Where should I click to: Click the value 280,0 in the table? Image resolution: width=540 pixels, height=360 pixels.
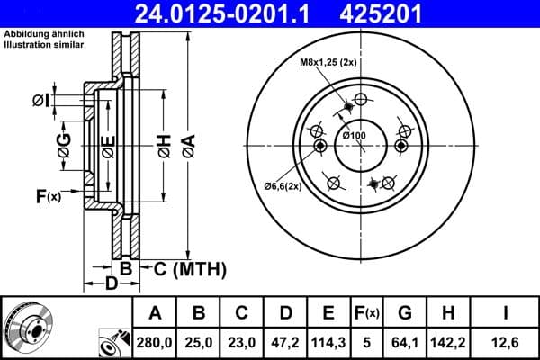tap(155, 342)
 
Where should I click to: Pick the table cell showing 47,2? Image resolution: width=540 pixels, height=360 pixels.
tap(284, 342)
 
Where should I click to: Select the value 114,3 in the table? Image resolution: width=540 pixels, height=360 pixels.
tap(328, 342)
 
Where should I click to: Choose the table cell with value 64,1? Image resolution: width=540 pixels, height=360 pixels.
tap(405, 342)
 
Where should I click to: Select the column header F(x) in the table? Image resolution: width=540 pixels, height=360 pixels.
tap(367, 312)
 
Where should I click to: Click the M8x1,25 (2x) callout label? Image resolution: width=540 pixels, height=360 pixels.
tap(328, 62)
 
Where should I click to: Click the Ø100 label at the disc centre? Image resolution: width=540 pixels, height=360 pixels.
tap(355, 135)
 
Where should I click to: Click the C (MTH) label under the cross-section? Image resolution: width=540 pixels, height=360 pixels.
tap(184, 268)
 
